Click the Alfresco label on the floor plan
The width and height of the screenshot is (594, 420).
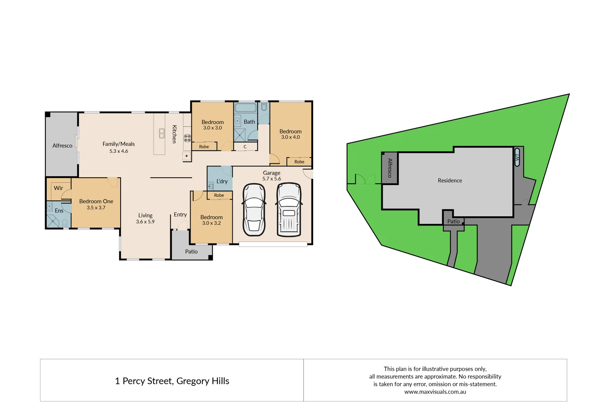tap(62, 145)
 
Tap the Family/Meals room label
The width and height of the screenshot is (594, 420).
tap(119, 144)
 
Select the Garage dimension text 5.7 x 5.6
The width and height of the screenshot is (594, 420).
tap(272, 179)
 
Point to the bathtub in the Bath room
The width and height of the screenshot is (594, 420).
tap(245, 108)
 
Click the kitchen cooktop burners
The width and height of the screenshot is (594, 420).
tap(187, 137)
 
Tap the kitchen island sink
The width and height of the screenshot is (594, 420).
tap(162, 133)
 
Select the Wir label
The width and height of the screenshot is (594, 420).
tap(58, 188)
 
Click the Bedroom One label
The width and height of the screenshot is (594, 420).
tap(96, 201)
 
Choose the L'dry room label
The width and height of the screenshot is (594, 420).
tap(222, 181)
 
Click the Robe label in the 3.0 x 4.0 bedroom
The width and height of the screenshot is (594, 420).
tap(299, 162)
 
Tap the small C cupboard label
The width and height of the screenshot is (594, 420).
tap(245, 147)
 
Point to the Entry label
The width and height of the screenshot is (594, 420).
tap(180, 215)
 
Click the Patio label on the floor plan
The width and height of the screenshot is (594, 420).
tap(191, 252)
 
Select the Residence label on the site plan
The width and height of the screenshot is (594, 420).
tap(450, 180)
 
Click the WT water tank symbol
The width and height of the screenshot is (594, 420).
tap(517, 157)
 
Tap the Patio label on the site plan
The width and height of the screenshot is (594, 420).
tap(453, 221)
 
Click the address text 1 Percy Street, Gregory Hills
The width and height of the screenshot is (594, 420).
tap(172, 381)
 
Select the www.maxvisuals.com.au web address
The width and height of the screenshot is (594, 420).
tap(435, 392)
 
